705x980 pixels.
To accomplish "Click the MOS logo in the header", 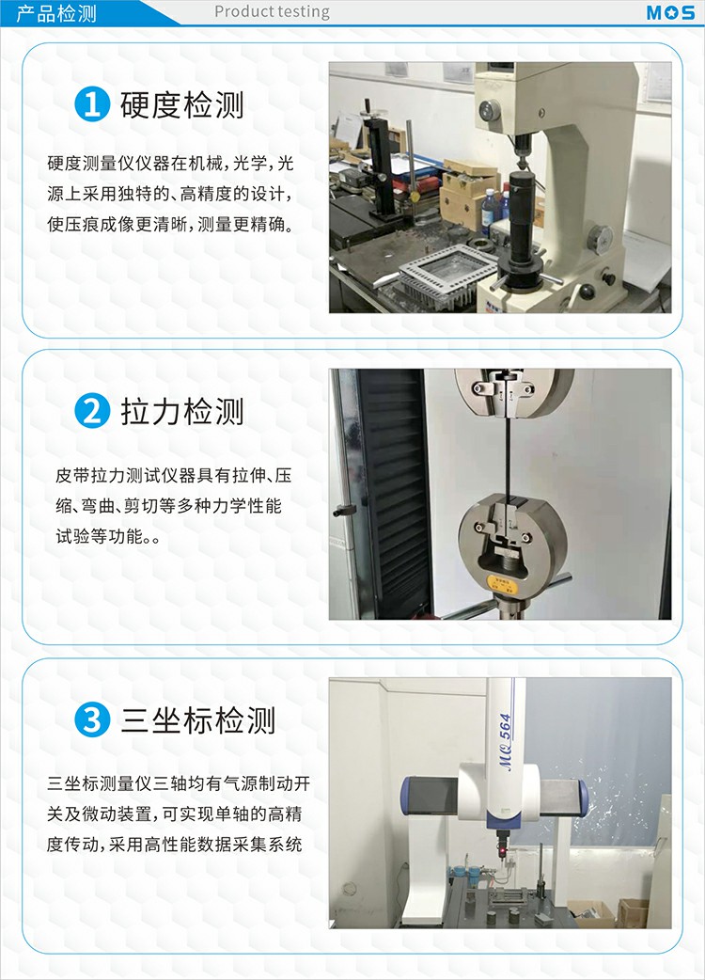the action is click(x=670, y=12).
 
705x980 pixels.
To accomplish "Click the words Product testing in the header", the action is click(x=272, y=12).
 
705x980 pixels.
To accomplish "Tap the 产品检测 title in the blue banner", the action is click(x=56, y=12).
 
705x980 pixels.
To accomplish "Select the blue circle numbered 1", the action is click(x=92, y=103).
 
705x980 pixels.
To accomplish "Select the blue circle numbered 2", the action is click(x=92, y=411).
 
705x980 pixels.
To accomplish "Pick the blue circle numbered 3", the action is click(x=92, y=719).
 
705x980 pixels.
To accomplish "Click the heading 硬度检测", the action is click(x=181, y=104).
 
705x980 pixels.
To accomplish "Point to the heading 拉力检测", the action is click(x=181, y=412).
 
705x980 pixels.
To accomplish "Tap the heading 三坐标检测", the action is click(x=197, y=720).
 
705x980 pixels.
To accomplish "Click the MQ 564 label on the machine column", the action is click(x=505, y=742).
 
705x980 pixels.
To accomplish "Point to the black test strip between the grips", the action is click(x=509, y=457).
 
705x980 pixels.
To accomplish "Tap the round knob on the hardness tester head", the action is click(x=489, y=110).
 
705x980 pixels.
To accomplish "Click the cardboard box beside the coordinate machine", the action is click(x=633, y=912).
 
